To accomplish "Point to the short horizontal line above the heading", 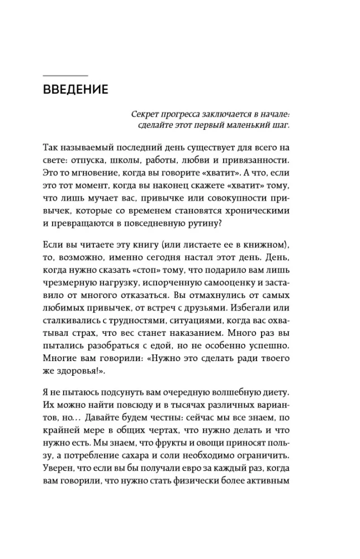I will [65, 75].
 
